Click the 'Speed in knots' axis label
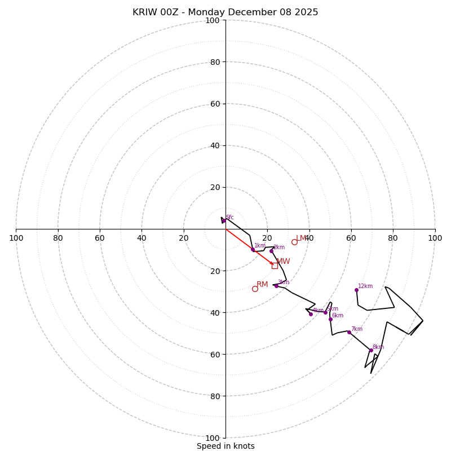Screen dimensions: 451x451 pos(225,446)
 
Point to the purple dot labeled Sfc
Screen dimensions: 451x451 pos(223,221)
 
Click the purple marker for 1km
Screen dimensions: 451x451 pos(253,249)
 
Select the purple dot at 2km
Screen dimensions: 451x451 pos(271,251)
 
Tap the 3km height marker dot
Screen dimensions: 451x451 pos(276,286)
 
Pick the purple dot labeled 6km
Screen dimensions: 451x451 pos(330,319)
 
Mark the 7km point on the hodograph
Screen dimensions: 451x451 pos(349,332)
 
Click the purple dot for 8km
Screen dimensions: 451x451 pos(371,350)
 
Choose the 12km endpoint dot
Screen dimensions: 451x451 pos(356,290)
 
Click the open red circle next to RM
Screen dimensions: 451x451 pos(255,289)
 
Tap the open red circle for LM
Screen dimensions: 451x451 pos(294,242)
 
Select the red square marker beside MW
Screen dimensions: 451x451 pos(275,266)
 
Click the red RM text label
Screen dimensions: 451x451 pos(262,285)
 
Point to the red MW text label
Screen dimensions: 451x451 pos(283,262)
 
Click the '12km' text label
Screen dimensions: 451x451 pos(365,286)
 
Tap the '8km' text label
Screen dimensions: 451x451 pos(378,347)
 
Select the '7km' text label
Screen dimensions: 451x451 pos(356,329)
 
